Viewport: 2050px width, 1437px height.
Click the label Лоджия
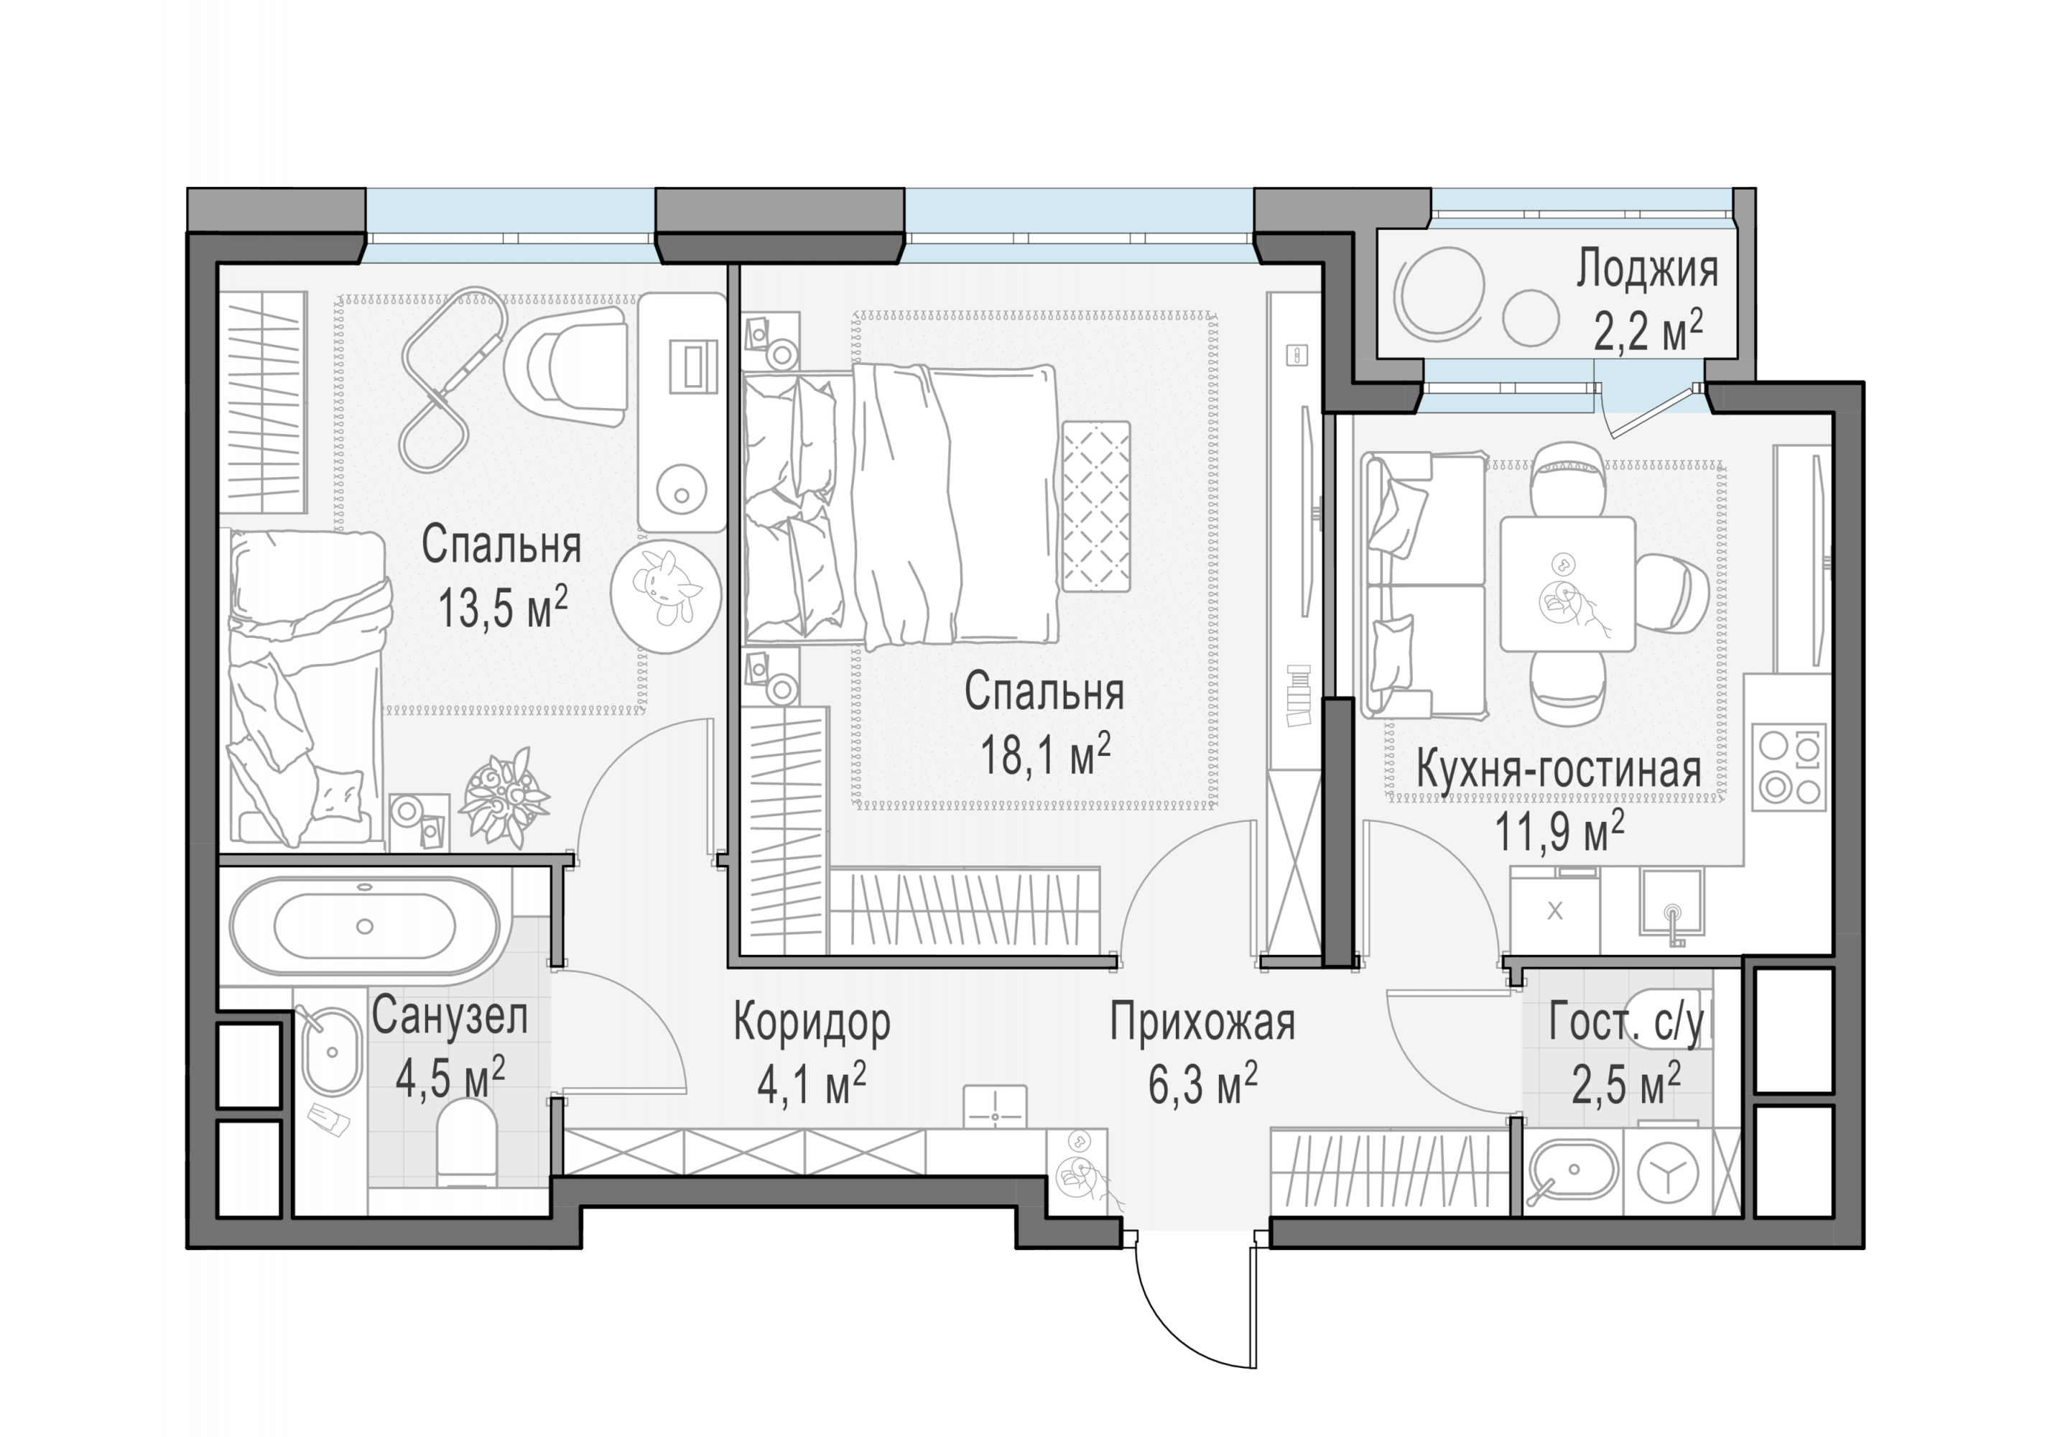pos(1646,269)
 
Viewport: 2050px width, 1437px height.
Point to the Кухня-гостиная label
pos(1559,770)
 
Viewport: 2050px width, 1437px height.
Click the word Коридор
pos(812,1022)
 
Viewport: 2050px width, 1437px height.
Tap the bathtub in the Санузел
pos(364,926)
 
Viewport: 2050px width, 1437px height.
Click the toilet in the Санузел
pos(466,1143)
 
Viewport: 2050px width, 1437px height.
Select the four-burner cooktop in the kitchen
pos(1789,767)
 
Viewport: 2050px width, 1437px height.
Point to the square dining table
pos(1567,583)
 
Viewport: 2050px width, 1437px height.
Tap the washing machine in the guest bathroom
pos(1668,1176)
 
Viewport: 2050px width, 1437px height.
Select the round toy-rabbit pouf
pos(665,596)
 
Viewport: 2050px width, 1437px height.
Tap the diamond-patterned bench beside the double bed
pos(1095,507)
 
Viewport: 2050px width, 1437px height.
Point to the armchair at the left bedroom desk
pos(566,367)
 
